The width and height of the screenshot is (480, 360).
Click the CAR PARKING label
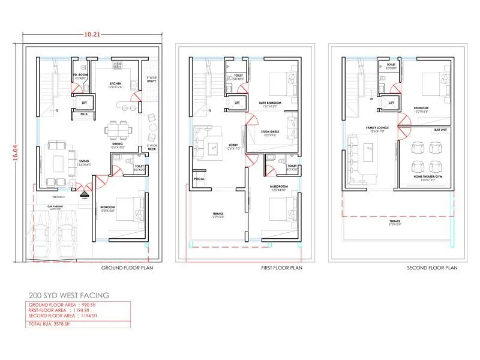[x=57, y=206]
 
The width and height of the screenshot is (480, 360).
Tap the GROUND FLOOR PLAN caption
[x=127, y=268]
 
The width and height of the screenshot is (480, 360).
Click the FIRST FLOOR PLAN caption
[x=281, y=268]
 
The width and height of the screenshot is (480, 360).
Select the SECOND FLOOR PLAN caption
[x=432, y=268]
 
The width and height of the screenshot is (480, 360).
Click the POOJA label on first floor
[x=199, y=179]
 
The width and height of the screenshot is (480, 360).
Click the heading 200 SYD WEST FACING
[x=69, y=296]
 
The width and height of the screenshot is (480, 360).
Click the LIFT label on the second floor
[x=391, y=103]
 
